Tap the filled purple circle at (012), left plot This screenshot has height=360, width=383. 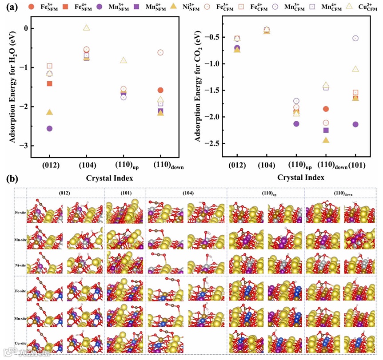(x=49, y=128)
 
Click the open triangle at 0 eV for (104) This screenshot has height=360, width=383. (x=87, y=28)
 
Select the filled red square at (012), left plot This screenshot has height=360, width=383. (x=49, y=83)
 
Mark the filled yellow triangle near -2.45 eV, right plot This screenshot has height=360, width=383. (x=326, y=140)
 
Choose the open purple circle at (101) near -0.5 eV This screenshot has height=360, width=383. (x=355, y=38)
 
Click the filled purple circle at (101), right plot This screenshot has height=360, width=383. (x=355, y=124)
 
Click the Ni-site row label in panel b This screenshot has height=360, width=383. (x=20, y=263)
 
